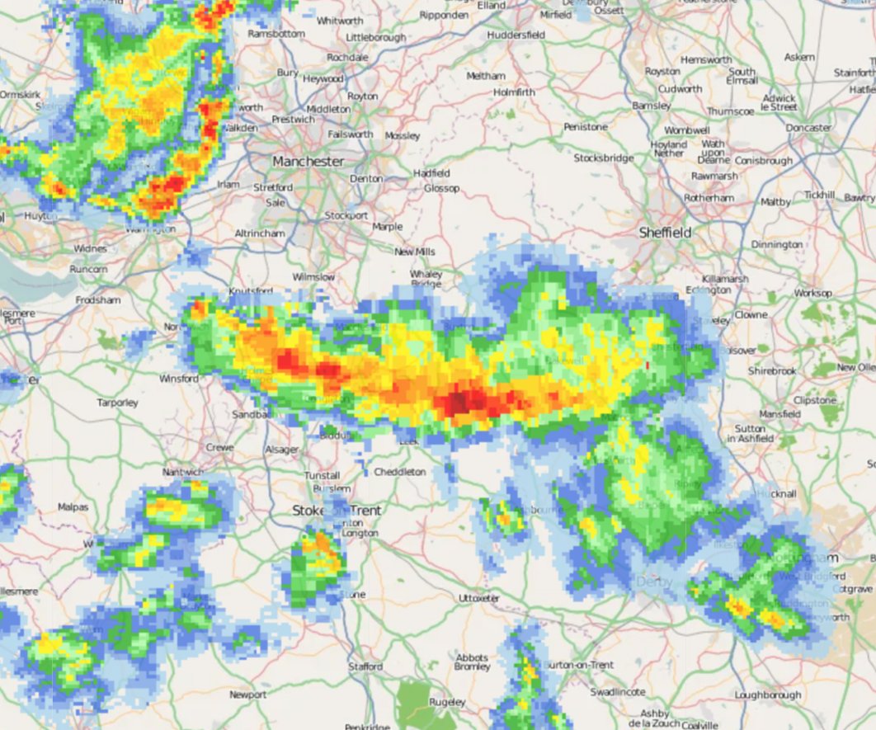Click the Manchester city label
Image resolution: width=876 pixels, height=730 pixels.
click(x=308, y=161)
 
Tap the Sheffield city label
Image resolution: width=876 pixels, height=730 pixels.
click(x=666, y=233)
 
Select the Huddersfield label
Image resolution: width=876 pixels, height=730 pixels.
click(x=516, y=35)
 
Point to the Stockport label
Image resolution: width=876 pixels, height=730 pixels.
click(x=346, y=215)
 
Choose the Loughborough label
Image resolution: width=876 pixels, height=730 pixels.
click(x=768, y=695)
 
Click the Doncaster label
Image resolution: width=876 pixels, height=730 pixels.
click(x=808, y=128)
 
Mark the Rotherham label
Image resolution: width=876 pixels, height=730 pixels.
click(x=709, y=199)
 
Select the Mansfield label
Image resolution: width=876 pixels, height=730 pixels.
click(x=779, y=413)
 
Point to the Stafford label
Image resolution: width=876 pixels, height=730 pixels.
click(x=365, y=666)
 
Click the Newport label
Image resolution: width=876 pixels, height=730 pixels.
click(x=247, y=695)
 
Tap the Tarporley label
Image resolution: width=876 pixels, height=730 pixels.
click(x=117, y=403)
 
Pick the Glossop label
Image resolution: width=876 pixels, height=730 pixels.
click(x=441, y=188)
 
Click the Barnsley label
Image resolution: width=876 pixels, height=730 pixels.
click(x=651, y=106)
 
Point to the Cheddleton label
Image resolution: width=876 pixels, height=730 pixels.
click(x=400, y=472)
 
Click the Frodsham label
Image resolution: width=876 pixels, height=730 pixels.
click(x=97, y=300)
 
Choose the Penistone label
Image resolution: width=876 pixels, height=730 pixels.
click(x=586, y=127)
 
